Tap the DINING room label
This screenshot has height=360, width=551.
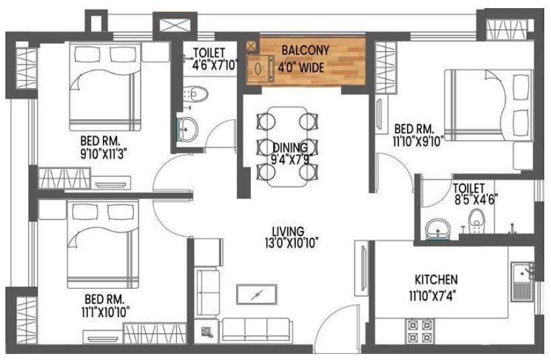(x=290, y=147)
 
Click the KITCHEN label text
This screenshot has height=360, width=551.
(x=436, y=279)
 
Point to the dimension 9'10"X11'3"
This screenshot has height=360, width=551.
(x=104, y=152)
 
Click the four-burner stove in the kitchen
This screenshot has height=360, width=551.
(x=420, y=331)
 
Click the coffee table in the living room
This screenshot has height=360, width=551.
(x=256, y=295)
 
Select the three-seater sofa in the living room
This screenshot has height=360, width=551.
(x=256, y=328)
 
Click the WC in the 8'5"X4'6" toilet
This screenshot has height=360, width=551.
(x=476, y=220)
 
